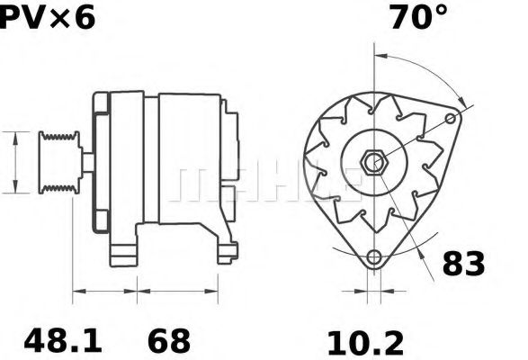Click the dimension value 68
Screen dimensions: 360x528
click(168, 341)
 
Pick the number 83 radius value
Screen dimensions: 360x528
click(464, 264)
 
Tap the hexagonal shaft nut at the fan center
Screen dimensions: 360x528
click(372, 164)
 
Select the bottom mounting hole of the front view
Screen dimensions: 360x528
click(372, 259)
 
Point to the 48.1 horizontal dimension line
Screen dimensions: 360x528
click(104, 292)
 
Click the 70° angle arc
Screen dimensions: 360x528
click(423, 65)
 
